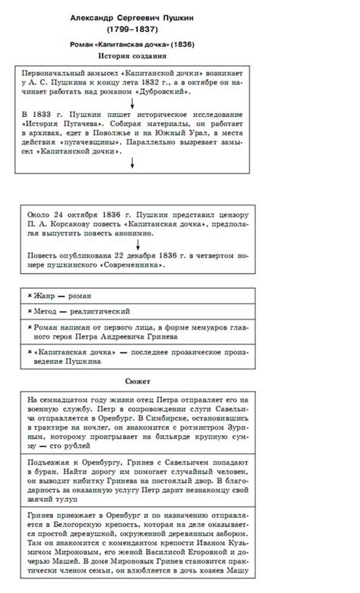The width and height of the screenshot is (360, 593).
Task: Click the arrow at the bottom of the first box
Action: click(132, 161)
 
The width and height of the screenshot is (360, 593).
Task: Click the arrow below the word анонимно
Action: click(132, 244)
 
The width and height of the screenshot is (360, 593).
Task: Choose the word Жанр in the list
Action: click(44, 296)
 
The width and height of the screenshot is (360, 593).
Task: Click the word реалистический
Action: click(103, 311)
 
